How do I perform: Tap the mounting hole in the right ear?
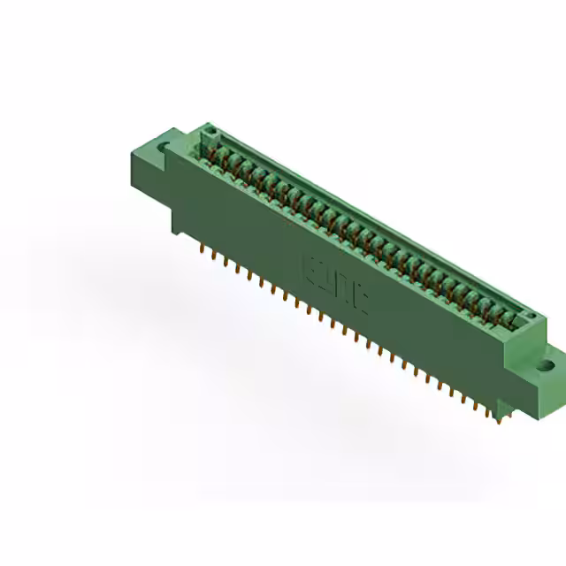(546, 363)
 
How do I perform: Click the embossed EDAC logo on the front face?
(337, 283)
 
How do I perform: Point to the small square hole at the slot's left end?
(210, 135)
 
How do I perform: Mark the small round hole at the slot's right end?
(529, 316)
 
